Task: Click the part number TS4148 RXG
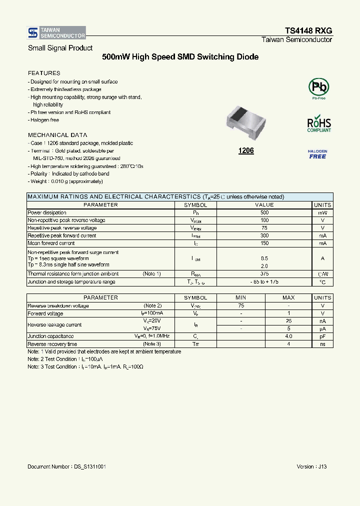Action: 308,30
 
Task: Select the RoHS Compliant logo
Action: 318,123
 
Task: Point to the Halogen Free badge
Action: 317,153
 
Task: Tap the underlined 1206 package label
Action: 246,150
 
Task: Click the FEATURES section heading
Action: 44,73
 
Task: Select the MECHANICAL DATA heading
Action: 57,135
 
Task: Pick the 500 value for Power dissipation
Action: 264,212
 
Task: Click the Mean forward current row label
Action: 51,243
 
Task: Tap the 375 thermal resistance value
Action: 264,273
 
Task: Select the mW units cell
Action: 322,212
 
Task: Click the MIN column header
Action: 241,297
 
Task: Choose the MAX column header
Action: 288,297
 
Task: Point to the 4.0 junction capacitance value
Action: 288,336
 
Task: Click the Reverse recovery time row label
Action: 52,344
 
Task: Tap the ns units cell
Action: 322,344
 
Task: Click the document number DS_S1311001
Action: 66,466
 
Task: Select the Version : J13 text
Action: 311,466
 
